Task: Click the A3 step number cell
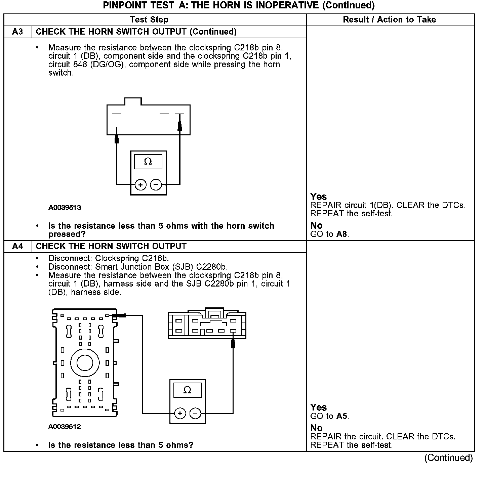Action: click(x=17, y=32)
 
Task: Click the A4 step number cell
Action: click(x=17, y=246)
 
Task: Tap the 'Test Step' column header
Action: click(x=149, y=19)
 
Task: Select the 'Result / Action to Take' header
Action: click(x=389, y=19)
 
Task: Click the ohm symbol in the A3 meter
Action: click(x=148, y=162)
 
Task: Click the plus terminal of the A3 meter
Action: click(x=140, y=185)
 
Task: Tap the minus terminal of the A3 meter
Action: click(x=156, y=185)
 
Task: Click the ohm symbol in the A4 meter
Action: click(x=188, y=390)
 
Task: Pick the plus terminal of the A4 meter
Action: click(x=180, y=413)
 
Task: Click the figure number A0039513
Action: click(x=65, y=208)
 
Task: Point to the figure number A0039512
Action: click(x=65, y=427)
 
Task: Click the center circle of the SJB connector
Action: click(x=85, y=363)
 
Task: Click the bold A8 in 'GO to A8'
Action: click(x=341, y=234)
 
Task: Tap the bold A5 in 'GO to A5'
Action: click(x=341, y=416)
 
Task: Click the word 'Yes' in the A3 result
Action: click(x=318, y=197)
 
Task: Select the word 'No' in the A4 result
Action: click(x=316, y=428)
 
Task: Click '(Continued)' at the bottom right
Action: click(x=448, y=458)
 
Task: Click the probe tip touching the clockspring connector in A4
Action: click(x=233, y=343)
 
